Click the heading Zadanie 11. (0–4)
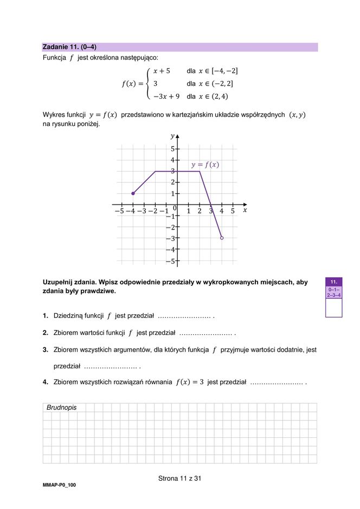pos(69,47)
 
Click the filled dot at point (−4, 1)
pos(133,194)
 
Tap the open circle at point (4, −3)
pos(222,238)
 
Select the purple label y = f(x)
pos(205,164)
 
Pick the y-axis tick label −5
pos(170,261)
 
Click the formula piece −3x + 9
pos(166,97)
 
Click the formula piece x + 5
pos(161,71)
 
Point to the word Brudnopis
pos(61,408)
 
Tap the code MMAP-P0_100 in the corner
pos(59,485)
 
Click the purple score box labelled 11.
pos(333,282)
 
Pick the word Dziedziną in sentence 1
pos(67,316)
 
